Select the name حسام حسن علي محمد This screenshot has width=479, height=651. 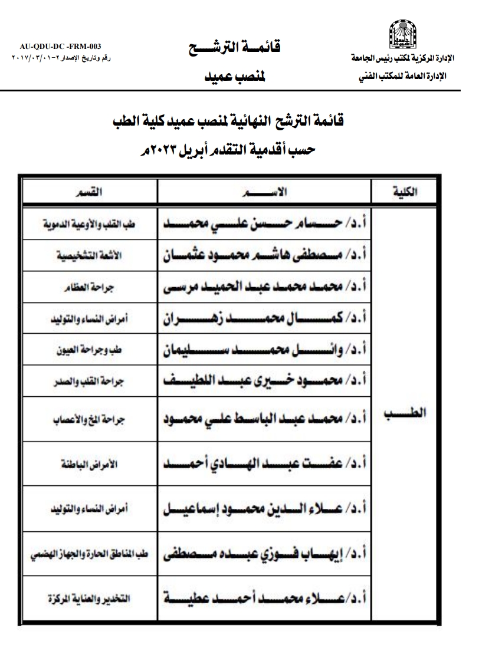click(x=265, y=224)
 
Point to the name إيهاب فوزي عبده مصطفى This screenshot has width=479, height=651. click(x=265, y=554)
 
